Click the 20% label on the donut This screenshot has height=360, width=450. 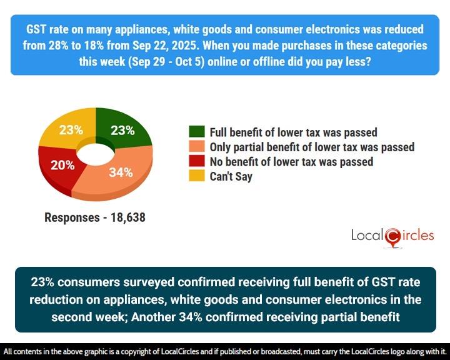click(62, 166)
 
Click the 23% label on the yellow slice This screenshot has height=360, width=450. click(71, 131)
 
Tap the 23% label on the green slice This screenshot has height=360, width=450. click(122, 131)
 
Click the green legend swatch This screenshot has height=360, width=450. click(196, 132)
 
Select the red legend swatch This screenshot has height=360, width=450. click(196, 162)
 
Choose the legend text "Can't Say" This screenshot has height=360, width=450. click(231, 177)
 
